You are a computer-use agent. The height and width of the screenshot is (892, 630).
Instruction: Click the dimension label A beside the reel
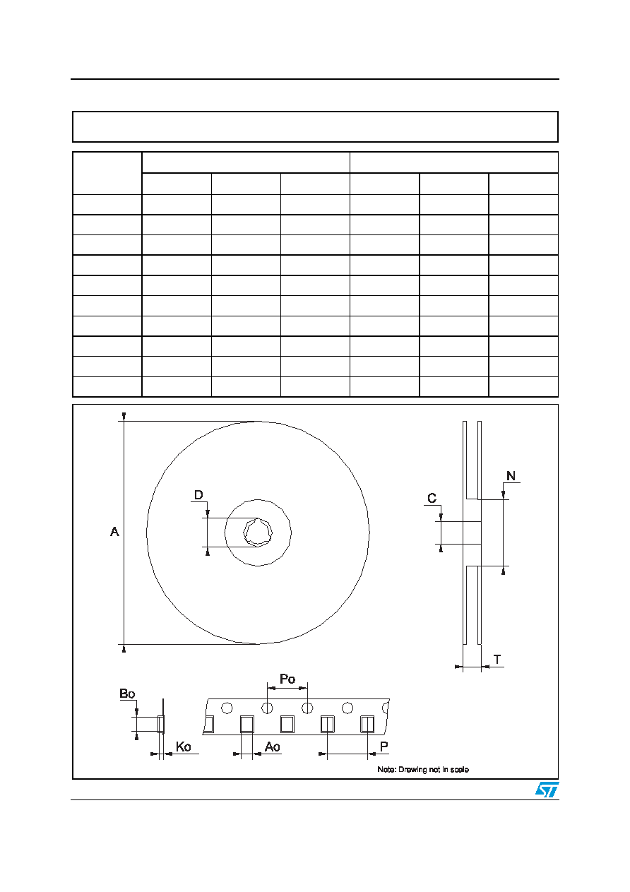tap(114, 532)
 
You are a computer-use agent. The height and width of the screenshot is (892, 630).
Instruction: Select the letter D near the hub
tap(198, 495)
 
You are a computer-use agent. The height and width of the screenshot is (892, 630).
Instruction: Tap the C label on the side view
tap(432, 498)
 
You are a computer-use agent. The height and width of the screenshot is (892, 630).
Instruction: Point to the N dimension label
tap(511, 475)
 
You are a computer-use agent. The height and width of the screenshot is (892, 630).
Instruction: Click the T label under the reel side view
tap(497, 660)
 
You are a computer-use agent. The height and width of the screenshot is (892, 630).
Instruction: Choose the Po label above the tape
tap(287, 679)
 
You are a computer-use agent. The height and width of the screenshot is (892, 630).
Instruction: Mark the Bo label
tap(127, 694)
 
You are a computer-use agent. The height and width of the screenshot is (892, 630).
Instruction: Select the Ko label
tap(183, 747)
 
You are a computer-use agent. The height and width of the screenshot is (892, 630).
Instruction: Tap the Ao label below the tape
tap(273, 747)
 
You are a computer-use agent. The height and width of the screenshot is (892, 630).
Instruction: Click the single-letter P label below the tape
tap(384, 747)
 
